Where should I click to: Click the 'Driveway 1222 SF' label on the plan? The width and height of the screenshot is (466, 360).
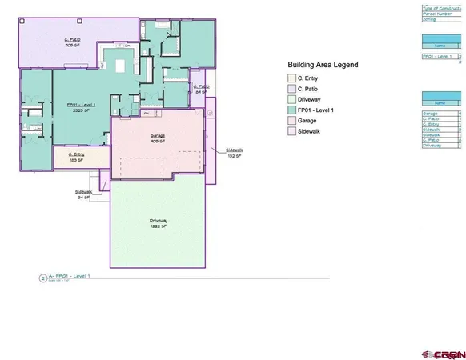157,223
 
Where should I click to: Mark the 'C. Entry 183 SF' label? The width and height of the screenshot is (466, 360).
77,157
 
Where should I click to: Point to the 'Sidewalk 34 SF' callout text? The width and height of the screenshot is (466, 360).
82,194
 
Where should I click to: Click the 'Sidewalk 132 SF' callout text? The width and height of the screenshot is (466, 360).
235,153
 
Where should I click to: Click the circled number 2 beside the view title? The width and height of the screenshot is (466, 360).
42,278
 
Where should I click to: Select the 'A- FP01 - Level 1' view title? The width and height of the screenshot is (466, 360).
70,276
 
